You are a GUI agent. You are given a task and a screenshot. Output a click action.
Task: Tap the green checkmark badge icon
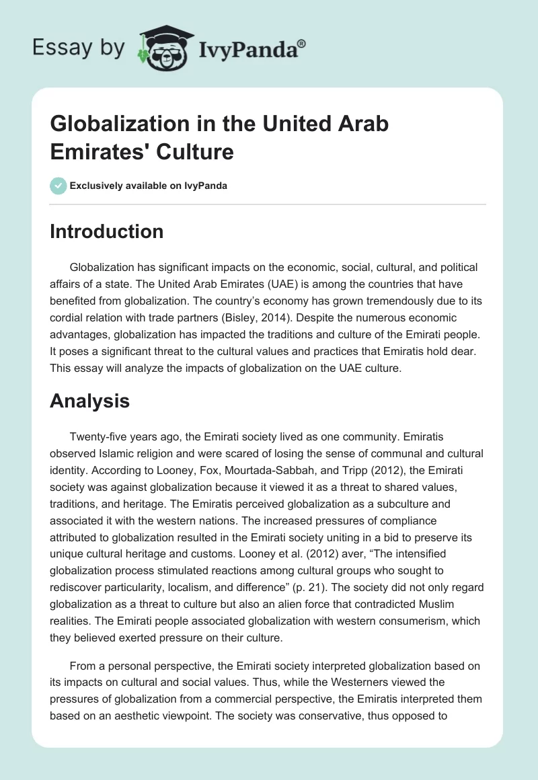(59, 185)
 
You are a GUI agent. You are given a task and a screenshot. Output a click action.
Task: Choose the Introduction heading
(107, 231)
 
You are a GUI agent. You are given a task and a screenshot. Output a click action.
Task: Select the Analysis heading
(89, 401)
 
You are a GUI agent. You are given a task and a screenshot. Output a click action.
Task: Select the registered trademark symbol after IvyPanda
(302, 44)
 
